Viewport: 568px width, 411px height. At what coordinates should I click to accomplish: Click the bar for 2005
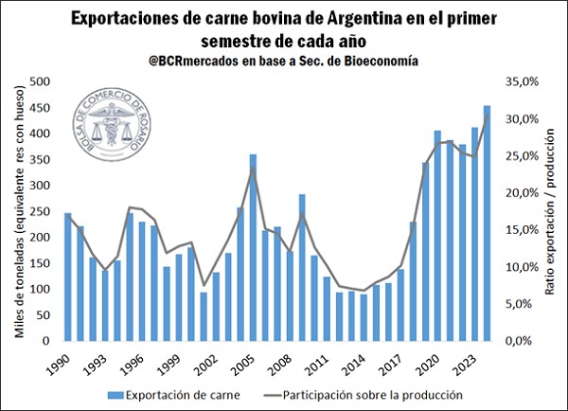point(253,247)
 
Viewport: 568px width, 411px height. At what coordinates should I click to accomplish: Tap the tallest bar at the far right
point(487,223)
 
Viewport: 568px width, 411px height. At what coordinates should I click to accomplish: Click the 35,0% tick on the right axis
point(522,82)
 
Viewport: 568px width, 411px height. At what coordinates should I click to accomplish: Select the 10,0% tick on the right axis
point(522,267)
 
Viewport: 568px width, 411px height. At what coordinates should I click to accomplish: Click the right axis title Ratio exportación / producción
point(550,210)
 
